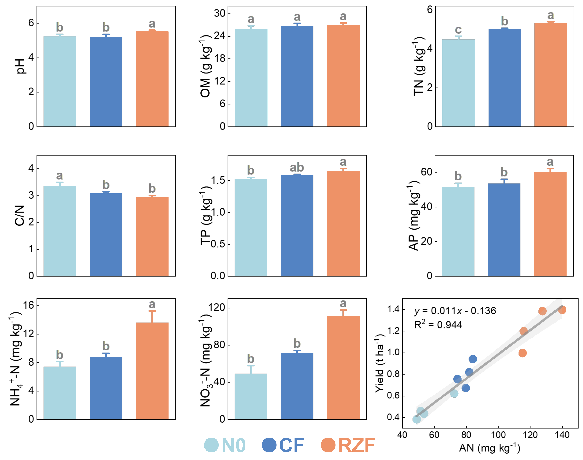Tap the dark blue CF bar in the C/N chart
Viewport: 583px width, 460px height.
click(x=106, y=234)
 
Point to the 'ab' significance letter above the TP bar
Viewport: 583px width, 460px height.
click(x=297, y=167)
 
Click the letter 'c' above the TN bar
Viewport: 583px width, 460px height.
click(x=458, y=30)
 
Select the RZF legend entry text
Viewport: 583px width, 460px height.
click(x=356, y=445)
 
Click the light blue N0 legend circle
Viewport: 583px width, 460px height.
click(x=211, y=445)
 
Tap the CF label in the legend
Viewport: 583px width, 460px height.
click(x=292, y=445)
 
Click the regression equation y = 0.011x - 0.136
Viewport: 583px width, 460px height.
click(x=455, y=311)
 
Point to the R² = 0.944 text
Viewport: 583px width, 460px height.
click(x=438, y=325)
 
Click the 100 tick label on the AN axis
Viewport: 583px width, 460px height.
click(x=498, y=435)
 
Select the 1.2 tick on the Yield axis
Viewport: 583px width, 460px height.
click(x=393, y=331)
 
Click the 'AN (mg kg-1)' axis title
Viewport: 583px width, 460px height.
click(x=490, y=448)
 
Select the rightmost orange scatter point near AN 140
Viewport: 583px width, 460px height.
click(x=562, y=310)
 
